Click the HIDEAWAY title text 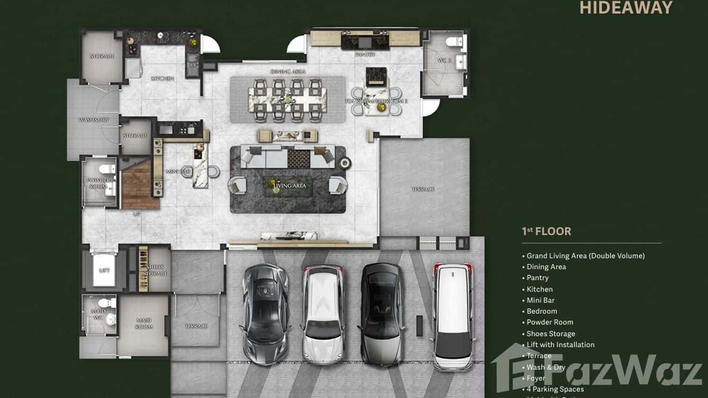click(x=626, y=7)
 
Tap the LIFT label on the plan click(x=104, y=270)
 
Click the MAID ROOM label click(x=143, y=324)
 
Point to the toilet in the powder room click(x=107, y=168)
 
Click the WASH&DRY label click(x=93, y=120)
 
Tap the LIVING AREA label click(x=289, y=186)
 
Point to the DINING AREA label click(x=288, y=71)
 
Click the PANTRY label click(x=365, y=54)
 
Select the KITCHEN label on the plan click(x=162, y=79)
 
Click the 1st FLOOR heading click(x=546, y=231)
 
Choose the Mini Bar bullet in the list click(x=540, y=300)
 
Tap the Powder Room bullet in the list click(x=550, y=322)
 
